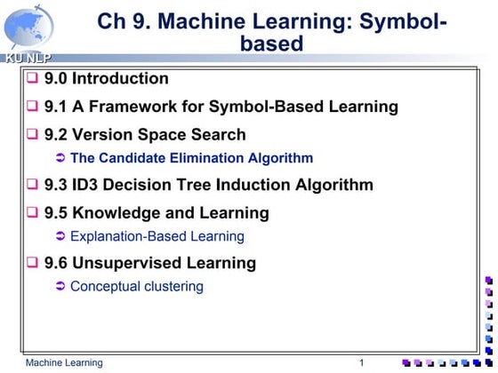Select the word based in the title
(x=271, y=43)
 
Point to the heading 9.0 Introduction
(x=106, y=79)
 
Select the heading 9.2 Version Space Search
(x=145, y=135)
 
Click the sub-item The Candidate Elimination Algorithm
(x=191, y=159)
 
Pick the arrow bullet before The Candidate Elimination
(x=60, y=159)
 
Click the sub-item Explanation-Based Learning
(x=157, y=237)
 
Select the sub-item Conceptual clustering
(x=136, y=287)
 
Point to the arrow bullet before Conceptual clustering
(x=60, y=287)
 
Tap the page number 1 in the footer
(x=362, y=363)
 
